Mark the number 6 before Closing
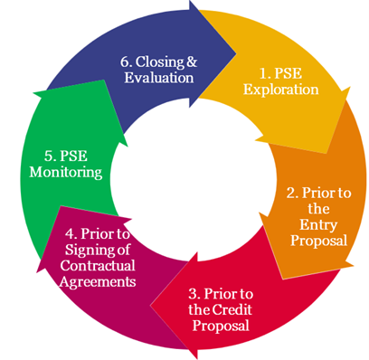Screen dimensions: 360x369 click(x=127, y=62)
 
